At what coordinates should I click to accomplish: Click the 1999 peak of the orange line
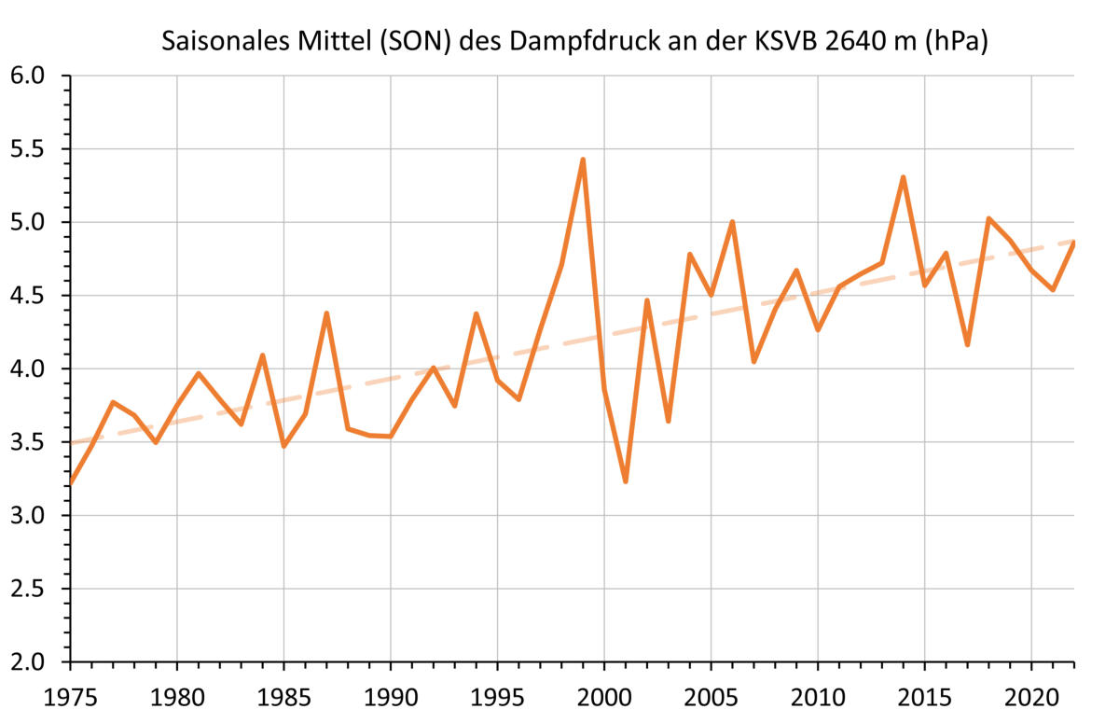click(583, 160)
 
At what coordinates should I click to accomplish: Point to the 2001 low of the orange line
click(626, 481)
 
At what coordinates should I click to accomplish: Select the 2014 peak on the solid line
click(904, 177)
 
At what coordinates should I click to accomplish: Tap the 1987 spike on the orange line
click(326, 313)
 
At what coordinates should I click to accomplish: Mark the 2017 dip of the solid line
click(968, 345)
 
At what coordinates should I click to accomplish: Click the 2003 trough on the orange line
click(669, 421)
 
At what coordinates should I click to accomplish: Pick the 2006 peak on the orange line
click(733, 222)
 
